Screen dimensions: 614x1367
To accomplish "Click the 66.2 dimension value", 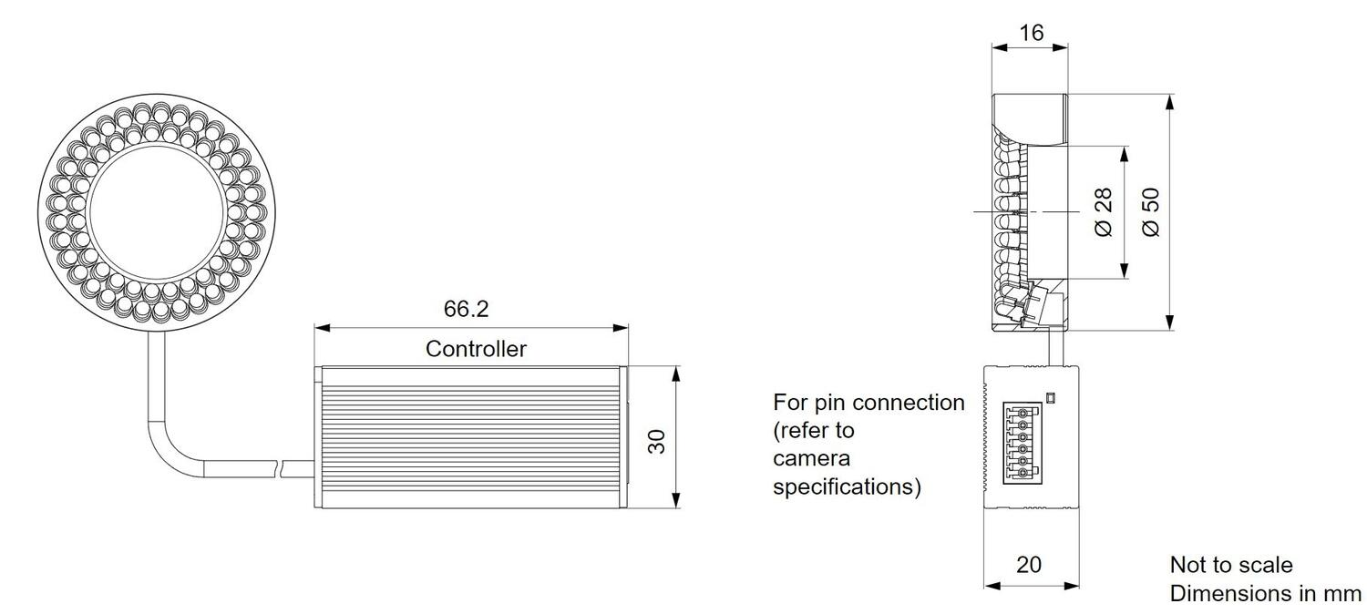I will click(x=466, y=309).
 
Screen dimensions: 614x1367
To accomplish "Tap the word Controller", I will click(x=476, y=348).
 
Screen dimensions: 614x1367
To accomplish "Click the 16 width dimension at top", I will click(x=1030, y=34).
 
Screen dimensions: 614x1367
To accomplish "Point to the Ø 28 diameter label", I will click(x=1104, y=213).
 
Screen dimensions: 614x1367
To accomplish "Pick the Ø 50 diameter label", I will click(x=1151, y=213).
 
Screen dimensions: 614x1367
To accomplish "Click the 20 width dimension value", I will click(x=1028, y=565).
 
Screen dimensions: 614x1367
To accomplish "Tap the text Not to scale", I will click(x=1230, y=565).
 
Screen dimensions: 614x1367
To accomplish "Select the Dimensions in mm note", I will click(x=1265, y=594).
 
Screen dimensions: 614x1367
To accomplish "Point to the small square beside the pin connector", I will click(x=1051, y=398).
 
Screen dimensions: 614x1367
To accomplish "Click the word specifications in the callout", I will click(x=846, y=486).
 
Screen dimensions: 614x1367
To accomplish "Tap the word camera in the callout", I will click(x=814, y=457).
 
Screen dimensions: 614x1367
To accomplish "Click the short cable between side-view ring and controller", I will click(x=1057, y=346).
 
